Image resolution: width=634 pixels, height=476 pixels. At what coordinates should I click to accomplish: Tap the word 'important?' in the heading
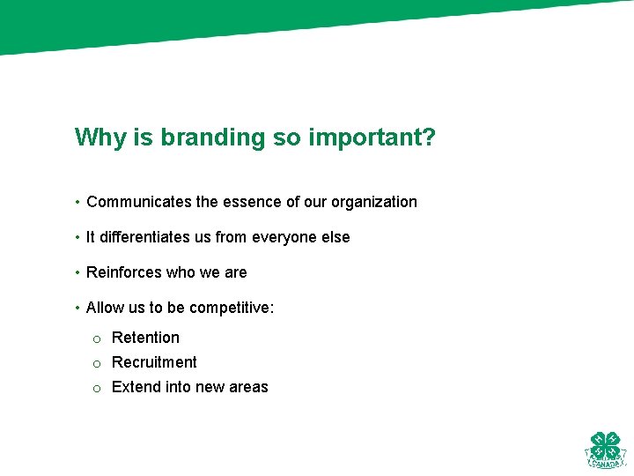point(372,138)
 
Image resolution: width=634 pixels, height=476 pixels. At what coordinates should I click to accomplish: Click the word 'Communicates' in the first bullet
point(139,202)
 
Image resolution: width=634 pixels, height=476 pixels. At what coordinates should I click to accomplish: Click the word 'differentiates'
point(145,237)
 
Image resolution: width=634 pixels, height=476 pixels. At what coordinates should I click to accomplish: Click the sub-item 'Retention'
point(145,338)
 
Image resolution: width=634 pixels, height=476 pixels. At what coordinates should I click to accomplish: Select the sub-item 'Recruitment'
point(154,362)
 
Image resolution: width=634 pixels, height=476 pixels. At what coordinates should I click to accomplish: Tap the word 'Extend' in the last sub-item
point(136,387)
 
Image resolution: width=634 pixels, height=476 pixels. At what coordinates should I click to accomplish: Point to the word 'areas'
point(248,387)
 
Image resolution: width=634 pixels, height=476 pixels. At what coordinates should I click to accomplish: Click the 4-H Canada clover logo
point(605,449)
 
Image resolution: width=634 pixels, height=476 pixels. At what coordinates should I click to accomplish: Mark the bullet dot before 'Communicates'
point(78,203)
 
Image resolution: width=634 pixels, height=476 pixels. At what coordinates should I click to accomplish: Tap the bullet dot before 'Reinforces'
point(78,273)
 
